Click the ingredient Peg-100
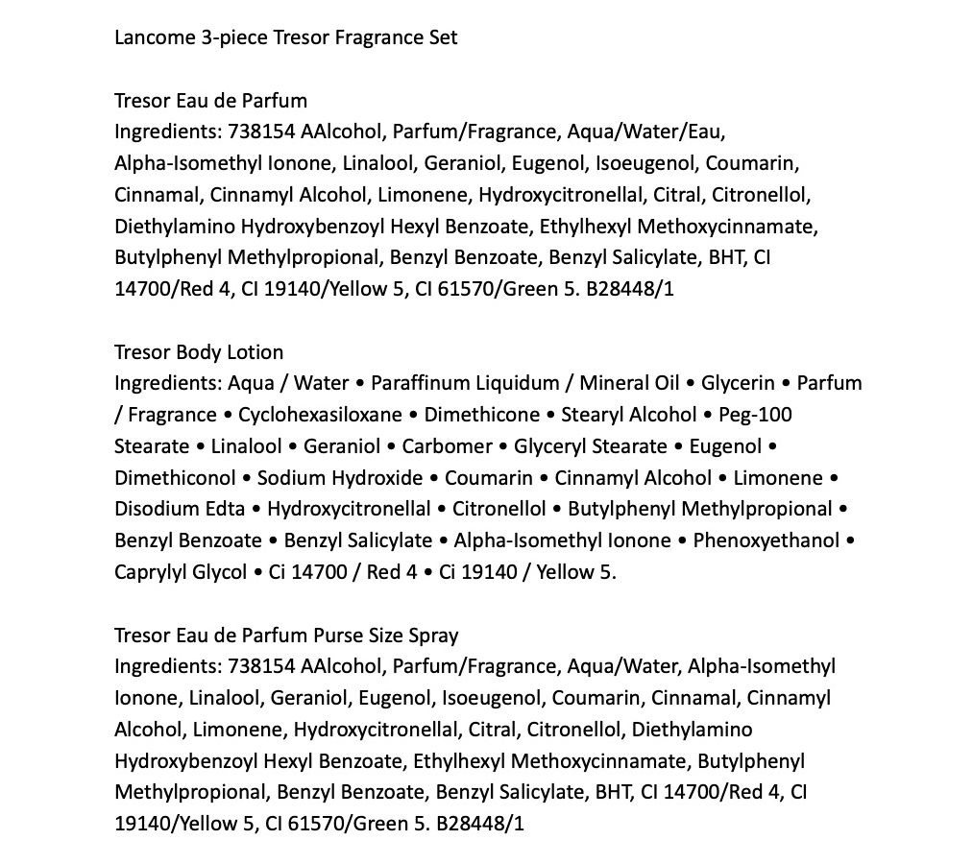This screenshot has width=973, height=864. pyautogui.click(x=759, y=415)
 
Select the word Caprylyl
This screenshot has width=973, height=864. pyautogui.click(x=150, y=572)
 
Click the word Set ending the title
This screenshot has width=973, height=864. pyautogui.click(x=444, y=38)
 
